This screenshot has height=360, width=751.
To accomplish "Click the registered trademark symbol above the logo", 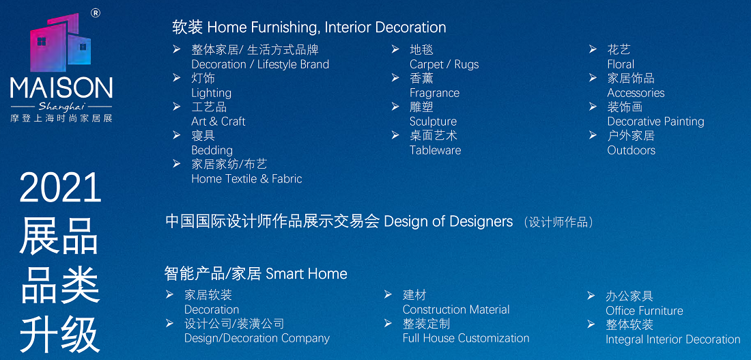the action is coord(95,14).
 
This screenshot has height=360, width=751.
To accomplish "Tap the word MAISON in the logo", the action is coord(61,89).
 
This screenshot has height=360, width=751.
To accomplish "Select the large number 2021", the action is coord(60,189).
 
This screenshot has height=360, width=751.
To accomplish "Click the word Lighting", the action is coord(211,93).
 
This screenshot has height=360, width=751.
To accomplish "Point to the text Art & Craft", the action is coord(218,122).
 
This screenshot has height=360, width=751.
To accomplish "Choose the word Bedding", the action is coord(212,150).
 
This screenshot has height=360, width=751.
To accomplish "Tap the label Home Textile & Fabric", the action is coord(246,179).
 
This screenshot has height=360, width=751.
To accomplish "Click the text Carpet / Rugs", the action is coord(444,65).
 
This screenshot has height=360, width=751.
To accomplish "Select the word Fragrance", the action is coord(434,93).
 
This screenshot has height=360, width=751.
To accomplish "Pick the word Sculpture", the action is coord(433,122).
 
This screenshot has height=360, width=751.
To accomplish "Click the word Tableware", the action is coord(435,150).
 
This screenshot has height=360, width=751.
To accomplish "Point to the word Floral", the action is coord(621,65).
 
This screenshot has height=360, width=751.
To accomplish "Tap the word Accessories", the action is coord(636,93).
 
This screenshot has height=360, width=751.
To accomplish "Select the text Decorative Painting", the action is coord(655,122).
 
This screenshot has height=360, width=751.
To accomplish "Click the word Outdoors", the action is coord(632,150).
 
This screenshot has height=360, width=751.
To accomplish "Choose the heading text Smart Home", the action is coord(307,274).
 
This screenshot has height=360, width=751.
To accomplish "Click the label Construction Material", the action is coord(456,309).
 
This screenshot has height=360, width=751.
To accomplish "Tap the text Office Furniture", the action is coord(644,311).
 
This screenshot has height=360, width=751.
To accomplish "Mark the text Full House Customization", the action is coord(466,338).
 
